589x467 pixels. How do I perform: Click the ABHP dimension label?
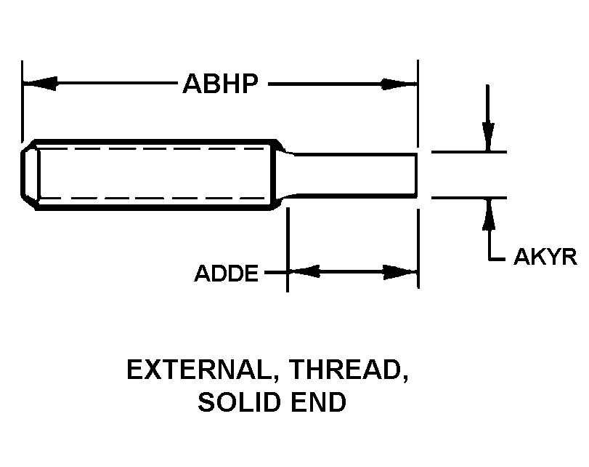click(221, 84)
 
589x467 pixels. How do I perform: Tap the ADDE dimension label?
click(226, 274)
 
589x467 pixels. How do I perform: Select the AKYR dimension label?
click(545, 257)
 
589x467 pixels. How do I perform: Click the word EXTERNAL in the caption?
click(199, 370)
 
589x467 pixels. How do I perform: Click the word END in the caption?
click(319, 402)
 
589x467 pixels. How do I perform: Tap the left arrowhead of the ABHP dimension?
click(40, 83)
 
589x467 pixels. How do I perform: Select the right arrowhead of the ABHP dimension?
click(399, 84)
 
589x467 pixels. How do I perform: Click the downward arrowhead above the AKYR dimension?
click(487, 137)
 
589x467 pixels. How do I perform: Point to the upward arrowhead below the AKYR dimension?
click(488, 214)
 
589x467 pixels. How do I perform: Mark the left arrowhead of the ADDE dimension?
click(304, 271)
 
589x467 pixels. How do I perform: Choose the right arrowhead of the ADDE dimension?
click(400, 272)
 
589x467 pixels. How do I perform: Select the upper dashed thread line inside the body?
click(150, 148)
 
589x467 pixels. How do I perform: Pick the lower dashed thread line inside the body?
click(150, 199)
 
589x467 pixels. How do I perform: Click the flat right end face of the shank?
click(416, 175)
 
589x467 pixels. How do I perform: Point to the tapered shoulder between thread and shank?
click(284, 175)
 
